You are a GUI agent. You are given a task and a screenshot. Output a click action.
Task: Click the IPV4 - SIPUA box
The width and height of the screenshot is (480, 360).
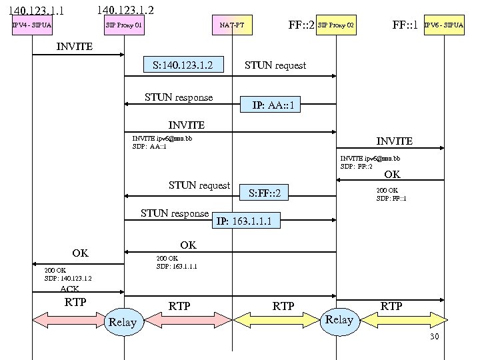click(32, 26)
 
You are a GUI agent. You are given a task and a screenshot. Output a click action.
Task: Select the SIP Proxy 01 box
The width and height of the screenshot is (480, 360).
click(124, 26)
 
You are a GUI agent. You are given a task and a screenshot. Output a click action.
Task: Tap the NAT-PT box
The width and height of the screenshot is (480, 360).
click(232, 26)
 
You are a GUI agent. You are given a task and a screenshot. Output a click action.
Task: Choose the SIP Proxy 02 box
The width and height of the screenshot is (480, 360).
click(336, 26)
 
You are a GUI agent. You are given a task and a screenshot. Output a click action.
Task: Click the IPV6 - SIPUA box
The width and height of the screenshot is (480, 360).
click(445, 26)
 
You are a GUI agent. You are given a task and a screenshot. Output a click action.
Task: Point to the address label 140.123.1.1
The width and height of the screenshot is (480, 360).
click(37, 11)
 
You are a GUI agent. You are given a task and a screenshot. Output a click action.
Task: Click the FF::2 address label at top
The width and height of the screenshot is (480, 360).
click(301, 26)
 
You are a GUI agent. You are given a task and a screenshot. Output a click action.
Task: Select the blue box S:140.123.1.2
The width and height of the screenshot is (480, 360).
click(182, 65)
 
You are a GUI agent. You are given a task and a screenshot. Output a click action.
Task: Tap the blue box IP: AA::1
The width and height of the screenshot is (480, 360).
click(273, 105)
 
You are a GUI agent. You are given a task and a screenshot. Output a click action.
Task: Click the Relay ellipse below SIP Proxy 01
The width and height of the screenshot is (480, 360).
click(123, 323)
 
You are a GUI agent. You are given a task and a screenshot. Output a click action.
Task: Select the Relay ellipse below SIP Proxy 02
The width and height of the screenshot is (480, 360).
click(339, 320)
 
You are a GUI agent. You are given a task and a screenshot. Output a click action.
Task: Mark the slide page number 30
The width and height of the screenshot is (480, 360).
click(434, 337)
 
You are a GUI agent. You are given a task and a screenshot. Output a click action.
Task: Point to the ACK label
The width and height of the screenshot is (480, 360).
click(69, 289)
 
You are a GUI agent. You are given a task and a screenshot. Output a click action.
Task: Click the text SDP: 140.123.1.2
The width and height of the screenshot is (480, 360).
click(68, 279)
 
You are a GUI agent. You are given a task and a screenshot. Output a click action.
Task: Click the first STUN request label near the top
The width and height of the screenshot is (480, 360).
click(275, 65)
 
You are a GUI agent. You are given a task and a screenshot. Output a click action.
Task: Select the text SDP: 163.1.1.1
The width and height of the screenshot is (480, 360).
click(177, 266)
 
